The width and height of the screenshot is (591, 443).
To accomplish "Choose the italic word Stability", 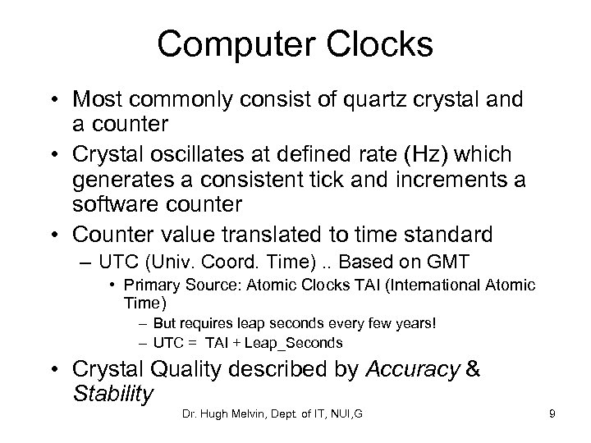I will coord(112,394).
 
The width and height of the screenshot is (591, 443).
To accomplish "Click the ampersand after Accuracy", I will coord(473,370).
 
